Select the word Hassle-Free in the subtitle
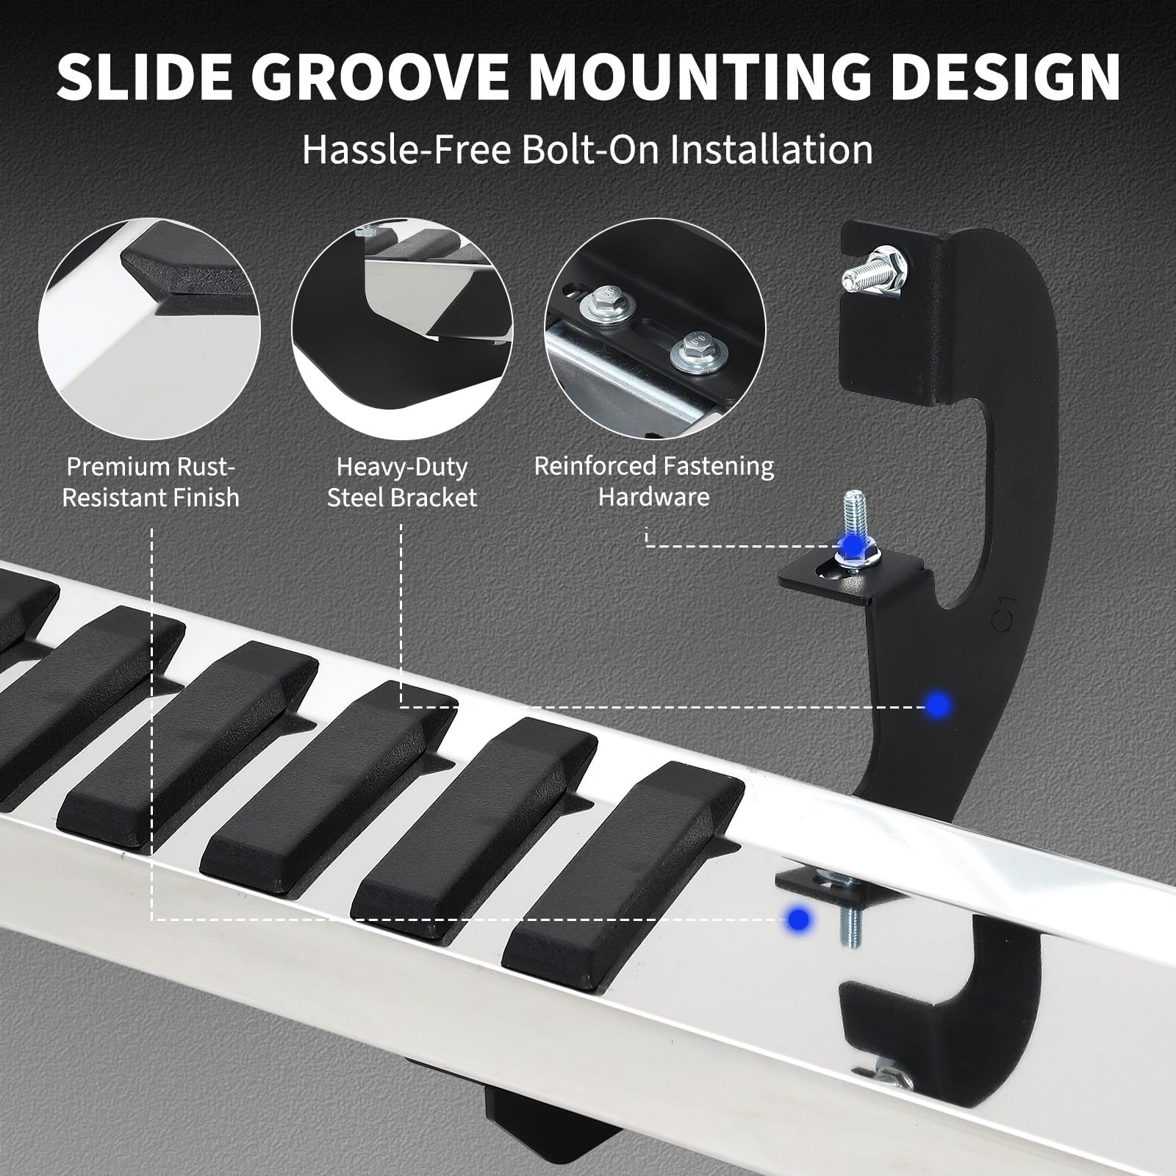406,149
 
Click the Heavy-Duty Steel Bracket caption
402,481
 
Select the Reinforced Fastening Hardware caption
654,481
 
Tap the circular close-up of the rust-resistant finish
149,328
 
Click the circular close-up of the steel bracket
403,328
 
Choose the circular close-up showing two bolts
656,328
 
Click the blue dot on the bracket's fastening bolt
853,545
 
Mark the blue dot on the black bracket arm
936,706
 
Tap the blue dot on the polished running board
797,918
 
